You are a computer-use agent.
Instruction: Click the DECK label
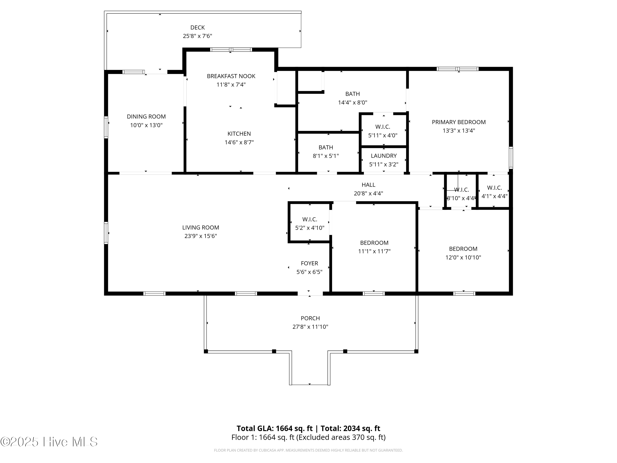coord(197,27)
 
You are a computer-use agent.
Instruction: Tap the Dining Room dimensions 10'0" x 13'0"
coord(146,125)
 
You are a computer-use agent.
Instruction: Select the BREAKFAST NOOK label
coord(231,76)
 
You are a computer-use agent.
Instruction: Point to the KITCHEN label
coord(239,134)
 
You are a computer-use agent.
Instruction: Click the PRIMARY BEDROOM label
coord(459,122)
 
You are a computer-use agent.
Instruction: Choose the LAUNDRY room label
coord(384,156)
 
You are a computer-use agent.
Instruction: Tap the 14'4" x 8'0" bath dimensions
coord(353,102)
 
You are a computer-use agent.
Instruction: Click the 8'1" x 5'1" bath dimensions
coord(326,156)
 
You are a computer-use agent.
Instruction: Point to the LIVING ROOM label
coord(201,227)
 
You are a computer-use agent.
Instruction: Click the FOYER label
coord(309,263)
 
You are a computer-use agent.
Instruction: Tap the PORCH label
coord(310,318)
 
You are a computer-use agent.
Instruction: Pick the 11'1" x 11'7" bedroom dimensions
coord(374,251)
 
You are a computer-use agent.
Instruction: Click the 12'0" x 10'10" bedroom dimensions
coord(463,257)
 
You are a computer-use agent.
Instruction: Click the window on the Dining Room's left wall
coord(106,127)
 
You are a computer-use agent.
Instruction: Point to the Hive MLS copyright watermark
coord(49,442)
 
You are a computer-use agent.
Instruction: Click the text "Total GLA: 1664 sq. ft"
coord(275,428)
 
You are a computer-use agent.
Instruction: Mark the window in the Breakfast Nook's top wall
coord(231,50)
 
